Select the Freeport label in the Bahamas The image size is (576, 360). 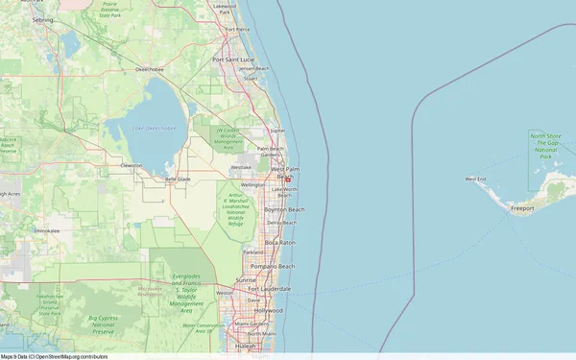point(523,207)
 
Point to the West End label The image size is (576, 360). point(476,180)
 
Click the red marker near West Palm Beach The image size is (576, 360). point(287,178)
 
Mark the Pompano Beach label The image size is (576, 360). point(274,266)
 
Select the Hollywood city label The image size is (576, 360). point(269,311)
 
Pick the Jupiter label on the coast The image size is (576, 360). point(278,130)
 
